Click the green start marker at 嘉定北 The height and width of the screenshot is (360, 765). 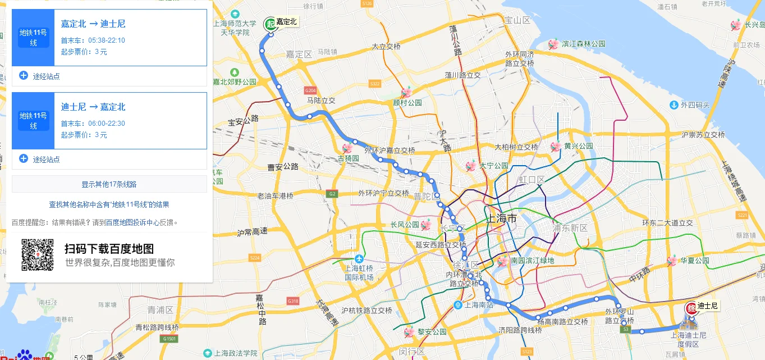(x=271, y=24)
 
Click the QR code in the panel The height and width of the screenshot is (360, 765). (x=38, y=254)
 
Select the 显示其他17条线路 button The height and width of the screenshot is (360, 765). (x=109, y=184)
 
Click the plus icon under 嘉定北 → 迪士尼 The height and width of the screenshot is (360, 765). (x=24, y=75)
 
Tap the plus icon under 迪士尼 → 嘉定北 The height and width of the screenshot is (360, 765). (x=24, y=158)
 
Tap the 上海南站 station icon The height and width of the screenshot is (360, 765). (x=458, y=305)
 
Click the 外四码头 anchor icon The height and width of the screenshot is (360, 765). (x=674, y=104)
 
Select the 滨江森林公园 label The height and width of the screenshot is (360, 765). (x=584, y=44)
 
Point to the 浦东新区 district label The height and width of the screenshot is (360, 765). (x=570, y=228)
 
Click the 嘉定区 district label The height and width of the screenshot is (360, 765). (x=299, y=54)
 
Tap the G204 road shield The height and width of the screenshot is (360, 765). (x=310, y=90)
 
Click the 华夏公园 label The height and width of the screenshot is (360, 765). (x=694, y=261)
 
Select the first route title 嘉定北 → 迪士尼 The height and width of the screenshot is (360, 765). (x=93, y=24)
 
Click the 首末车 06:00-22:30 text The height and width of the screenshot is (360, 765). (x=93, y=124)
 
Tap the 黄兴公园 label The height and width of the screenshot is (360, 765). (x=578, y=146)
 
